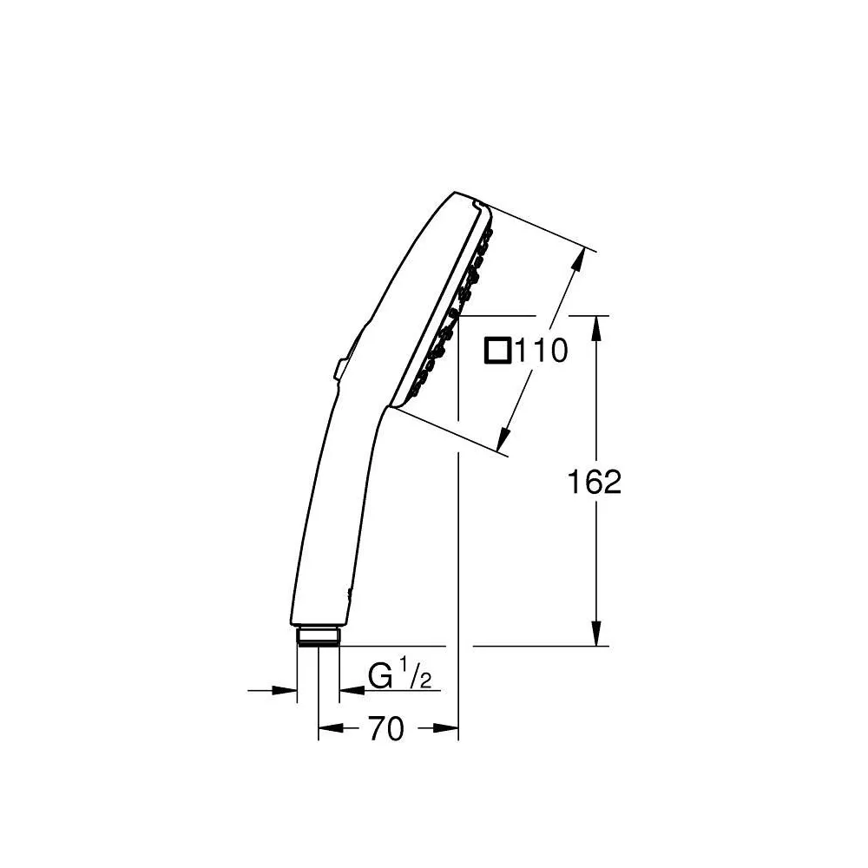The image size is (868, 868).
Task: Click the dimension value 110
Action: (x=541, y=352)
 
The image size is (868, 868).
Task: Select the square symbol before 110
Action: (x=498, y=352)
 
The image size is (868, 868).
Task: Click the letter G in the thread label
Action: (x=378, y=675)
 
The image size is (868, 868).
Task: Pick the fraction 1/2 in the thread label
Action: (x=414, y=674)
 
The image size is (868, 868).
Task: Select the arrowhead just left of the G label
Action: (x=351, y=691)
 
